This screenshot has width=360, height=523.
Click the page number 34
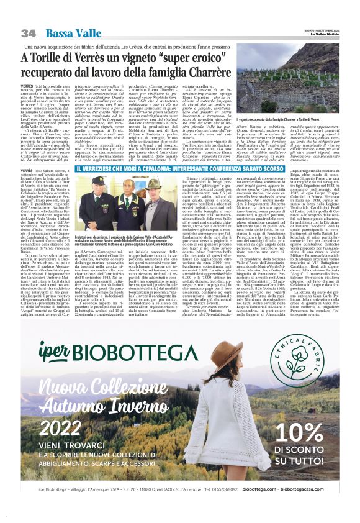[x=28, y=33]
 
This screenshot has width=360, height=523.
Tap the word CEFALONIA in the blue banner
[x=186, y=169]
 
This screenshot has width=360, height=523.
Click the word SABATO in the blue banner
[x=285, y=169]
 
